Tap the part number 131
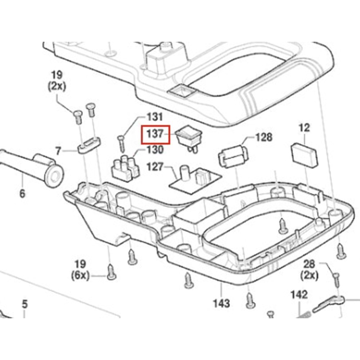click(x=154, y=117)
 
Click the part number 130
click(x=154, y=149)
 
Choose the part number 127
click(x=155, y=167)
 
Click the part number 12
click(x=304, y=127)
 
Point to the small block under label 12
click(x=304, y=155)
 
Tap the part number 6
click(x=22, y=193)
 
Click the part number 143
click(x=221, y=303)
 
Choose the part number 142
click(x=299, y=295)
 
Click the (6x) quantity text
click(x=80, y=276)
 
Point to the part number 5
click(x=24, y=304)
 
